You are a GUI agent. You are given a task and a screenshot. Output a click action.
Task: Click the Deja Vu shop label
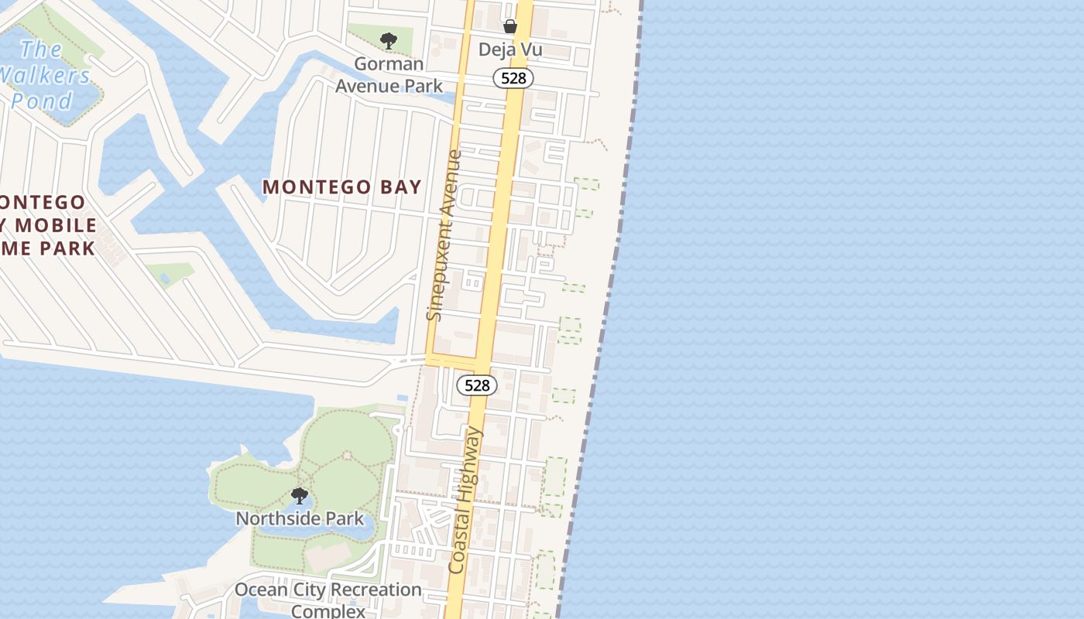(509, 50)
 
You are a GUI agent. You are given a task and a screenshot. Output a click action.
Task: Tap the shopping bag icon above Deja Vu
(510, 26)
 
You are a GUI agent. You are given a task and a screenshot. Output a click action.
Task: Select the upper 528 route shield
(513, 78)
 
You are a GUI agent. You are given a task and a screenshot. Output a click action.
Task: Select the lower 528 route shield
(476, 385)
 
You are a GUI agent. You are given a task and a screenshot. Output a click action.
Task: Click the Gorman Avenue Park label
(389, 74)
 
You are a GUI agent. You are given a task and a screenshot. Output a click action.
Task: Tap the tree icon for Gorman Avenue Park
(388, 40)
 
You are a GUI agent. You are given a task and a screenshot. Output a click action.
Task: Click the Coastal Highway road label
(465, 501)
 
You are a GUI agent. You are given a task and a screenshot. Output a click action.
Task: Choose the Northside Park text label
(300, 518)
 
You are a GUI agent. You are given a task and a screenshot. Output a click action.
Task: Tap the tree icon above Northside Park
(299, 495)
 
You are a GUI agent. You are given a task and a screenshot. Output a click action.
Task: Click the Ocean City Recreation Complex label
(328, 600)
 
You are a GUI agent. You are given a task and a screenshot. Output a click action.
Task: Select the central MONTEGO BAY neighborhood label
(341, 186)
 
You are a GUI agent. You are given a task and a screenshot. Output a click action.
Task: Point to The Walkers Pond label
(45, 75)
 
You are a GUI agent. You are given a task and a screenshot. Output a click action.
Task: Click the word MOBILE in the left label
(57, 226)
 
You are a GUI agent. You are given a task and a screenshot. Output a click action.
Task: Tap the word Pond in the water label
(42, 101)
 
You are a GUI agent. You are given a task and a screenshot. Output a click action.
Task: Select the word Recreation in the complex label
(366, 590)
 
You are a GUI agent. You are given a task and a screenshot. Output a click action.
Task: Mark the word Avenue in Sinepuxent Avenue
(451, 184)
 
